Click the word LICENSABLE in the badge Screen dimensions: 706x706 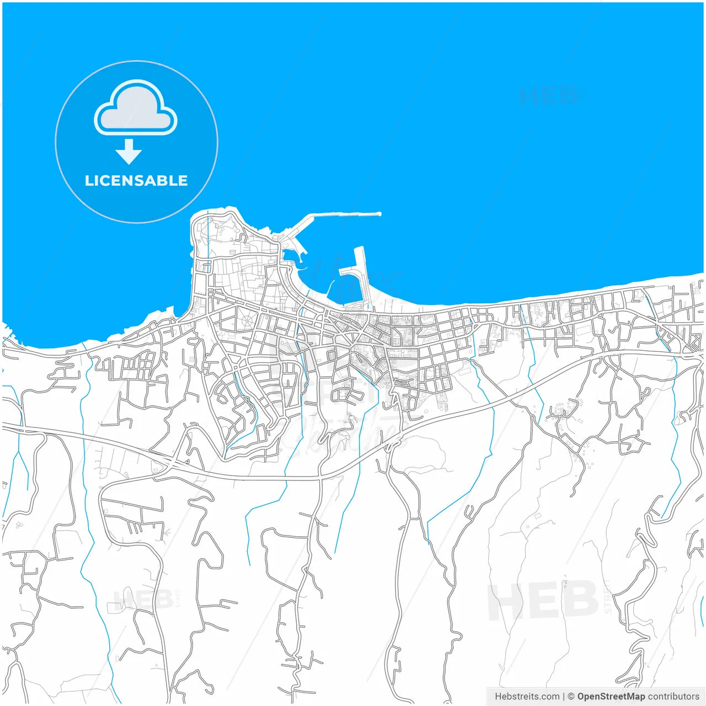coord(136,180)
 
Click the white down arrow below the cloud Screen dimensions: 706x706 coord(129,152)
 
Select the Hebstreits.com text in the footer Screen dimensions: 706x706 coord(527,697)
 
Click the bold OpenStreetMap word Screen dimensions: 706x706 coord(611,697)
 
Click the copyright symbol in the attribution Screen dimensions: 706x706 coord(571,697)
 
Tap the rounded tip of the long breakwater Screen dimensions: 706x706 coord(379,214)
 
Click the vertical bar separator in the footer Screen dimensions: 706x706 coord(564,697)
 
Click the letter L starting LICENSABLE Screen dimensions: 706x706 coord(88,180)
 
